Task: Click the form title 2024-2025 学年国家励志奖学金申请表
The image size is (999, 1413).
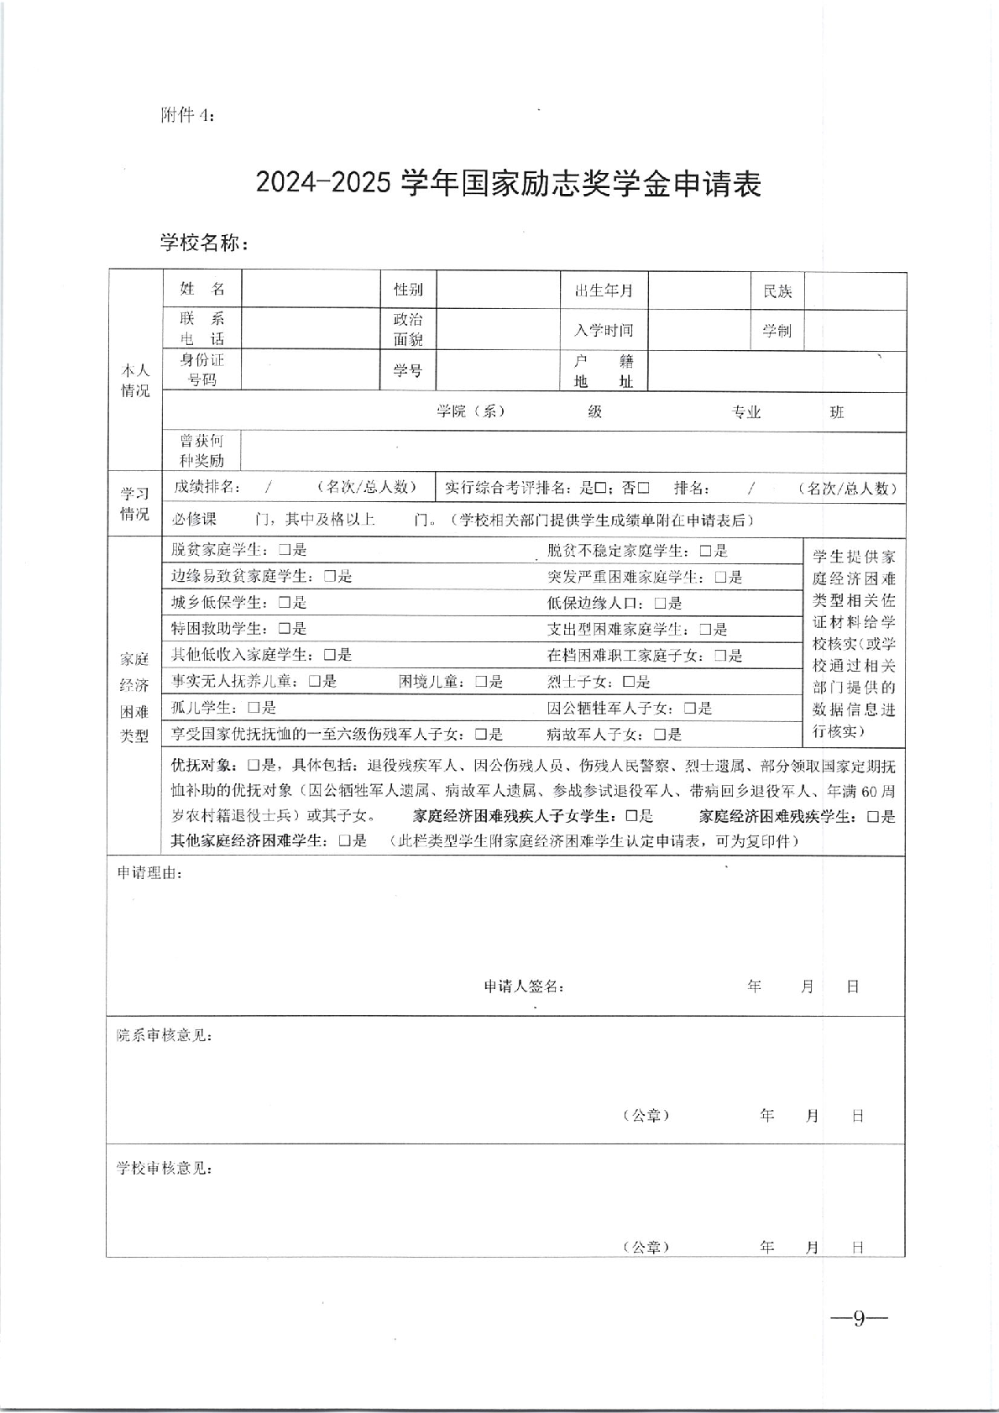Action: (x=508, y=184)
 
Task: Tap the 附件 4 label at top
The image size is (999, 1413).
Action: (x=187, y=116)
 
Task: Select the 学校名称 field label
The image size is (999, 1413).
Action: (x=204, y=243)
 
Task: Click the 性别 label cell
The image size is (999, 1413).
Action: (x=408, y=290)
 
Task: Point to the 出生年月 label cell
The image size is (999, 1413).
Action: (x=604, y=290)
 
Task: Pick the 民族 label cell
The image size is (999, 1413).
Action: (x=777, y=291)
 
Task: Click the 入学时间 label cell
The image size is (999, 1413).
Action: (x=604, y=331)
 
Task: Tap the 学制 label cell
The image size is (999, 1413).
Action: (x=777, y=331)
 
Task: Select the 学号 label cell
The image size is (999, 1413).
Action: (x=408, y=370)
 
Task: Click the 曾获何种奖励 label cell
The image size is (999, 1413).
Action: (x=201, y=451)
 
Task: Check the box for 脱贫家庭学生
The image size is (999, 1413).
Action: (x=285, y=551)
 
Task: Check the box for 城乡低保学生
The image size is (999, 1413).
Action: (x=285, y=603)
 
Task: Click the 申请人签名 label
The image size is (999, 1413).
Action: (x=524, y=986)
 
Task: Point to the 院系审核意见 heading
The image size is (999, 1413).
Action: (x=164, y=1036)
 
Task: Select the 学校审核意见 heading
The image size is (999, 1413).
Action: (x=164, y=1169)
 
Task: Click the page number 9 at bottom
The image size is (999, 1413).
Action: (x=859, y=1317)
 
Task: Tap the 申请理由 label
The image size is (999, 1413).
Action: (x=149, y=873)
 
